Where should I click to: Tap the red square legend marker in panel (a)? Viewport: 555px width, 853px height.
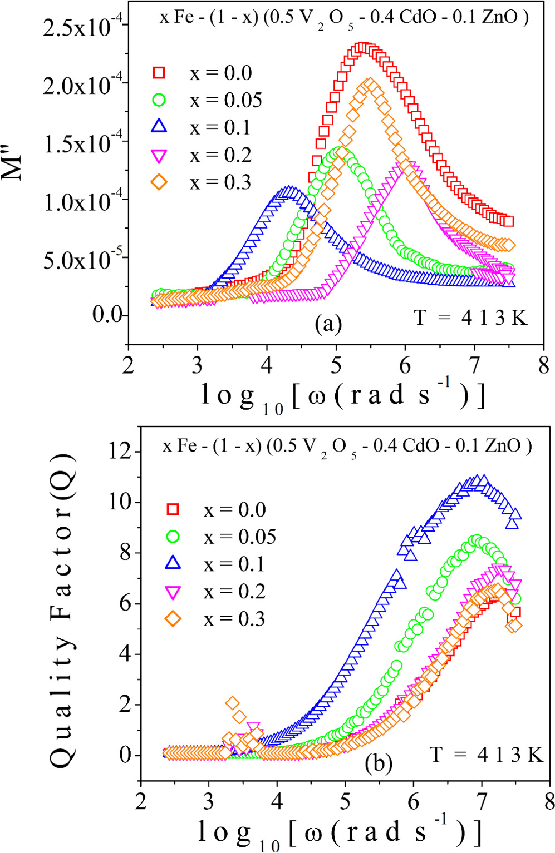[160, 73]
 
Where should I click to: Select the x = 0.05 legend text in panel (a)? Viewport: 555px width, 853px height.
[225, 100]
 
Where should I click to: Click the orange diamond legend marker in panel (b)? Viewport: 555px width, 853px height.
[173, 619]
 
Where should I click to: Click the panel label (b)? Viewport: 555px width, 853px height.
[379, 762]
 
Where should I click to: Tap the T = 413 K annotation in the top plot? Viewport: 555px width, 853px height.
[470, 318]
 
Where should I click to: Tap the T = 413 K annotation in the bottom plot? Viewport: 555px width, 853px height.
[485, 755]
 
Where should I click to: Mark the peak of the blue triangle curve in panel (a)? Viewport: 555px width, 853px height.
[289, 192]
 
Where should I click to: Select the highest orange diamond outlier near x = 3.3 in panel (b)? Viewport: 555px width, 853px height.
[233, 703]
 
